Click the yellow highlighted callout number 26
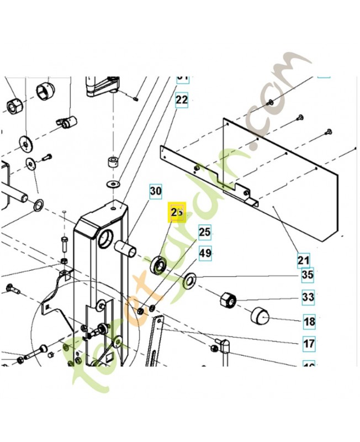177,213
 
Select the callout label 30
156,192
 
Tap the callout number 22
182,100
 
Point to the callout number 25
205,233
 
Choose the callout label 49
205,254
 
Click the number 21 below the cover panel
304,260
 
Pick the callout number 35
308,274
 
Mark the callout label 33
308,297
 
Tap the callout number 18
309,321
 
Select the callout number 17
309,344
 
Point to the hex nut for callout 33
228,300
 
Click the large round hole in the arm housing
106,240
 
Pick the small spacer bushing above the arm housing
114,164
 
